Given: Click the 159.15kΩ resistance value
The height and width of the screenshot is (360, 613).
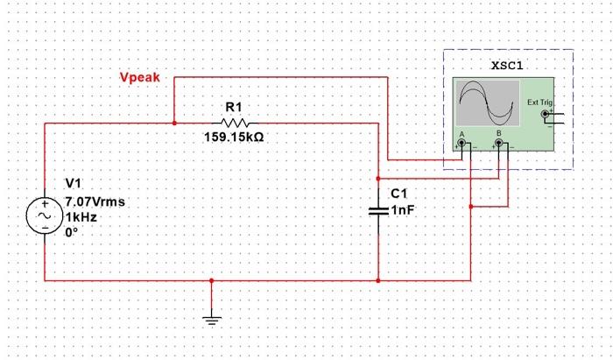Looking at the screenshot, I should (x=234, y=138).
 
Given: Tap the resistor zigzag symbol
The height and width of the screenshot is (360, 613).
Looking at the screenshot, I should (x=234, y=123).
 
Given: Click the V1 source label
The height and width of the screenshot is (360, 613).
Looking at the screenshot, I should (x=73, y=184).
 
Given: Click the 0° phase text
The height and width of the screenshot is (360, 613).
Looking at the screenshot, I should (x=72, y=232).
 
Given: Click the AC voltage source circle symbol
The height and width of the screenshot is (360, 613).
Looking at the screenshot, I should (x=44, y=215).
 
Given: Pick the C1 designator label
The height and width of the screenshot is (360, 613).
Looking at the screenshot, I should (x=398, y=193).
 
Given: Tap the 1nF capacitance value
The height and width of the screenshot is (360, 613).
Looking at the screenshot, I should (x=402, y=211).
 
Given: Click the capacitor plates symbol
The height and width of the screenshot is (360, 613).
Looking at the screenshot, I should (x=377, y=210).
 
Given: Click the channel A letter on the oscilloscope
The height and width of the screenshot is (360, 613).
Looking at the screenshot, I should (x=461, y=133).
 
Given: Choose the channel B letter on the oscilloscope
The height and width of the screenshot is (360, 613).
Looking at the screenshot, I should (x=498, y=133).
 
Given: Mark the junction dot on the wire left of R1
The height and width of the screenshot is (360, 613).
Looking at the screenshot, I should (x=174, y=124).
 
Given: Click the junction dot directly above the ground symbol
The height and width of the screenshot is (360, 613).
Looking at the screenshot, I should (x=211, y=281).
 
